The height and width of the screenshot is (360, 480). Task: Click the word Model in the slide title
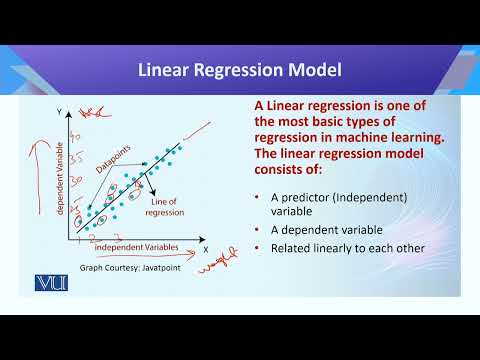click(312, 70)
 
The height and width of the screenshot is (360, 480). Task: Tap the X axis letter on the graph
click(205, 250)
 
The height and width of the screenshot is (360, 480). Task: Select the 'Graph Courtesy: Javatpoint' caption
click(117, 269)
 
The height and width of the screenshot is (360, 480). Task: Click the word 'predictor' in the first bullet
click(310, 196)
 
